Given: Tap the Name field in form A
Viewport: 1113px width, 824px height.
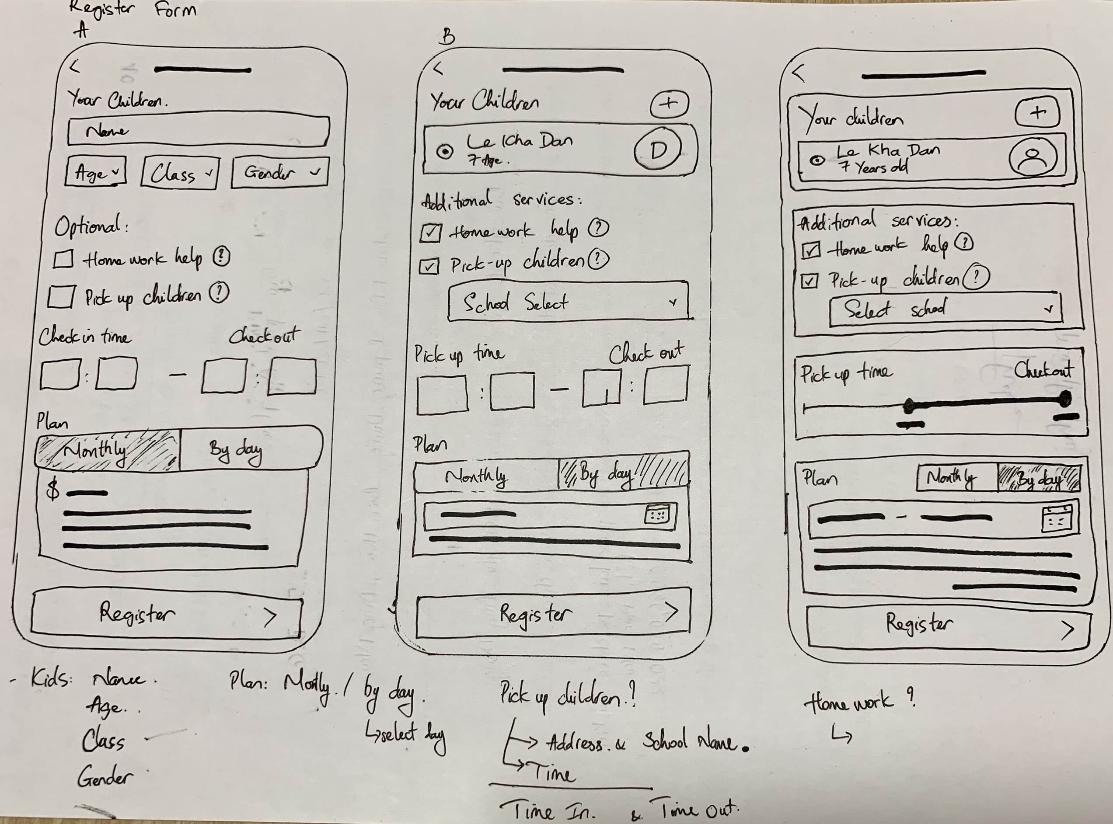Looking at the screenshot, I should pyautogui.click(x=199, y=131).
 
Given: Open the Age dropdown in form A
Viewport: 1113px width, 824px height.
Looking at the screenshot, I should pyautogui.click(x=95, y=172).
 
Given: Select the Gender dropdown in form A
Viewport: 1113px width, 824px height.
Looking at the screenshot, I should pyautogui.click(x=280, y=173).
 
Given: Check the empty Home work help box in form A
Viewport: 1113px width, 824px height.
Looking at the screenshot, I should pyautogui.click(x=63, y=259).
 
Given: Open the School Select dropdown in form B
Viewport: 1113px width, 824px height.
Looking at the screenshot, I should pyautogui.click(x=568, y=301).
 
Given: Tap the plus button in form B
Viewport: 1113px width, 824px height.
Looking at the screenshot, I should pyautogui.click(x=669, y=104).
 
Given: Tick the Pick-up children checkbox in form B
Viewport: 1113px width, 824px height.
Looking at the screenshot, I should pyautogui.click(x=429, y=266).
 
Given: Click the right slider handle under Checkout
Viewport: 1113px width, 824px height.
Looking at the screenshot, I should pyautogui.click(x=1065, y=398).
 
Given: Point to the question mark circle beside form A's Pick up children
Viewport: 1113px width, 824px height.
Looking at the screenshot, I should pyautogui.click(x=219, y=293).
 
